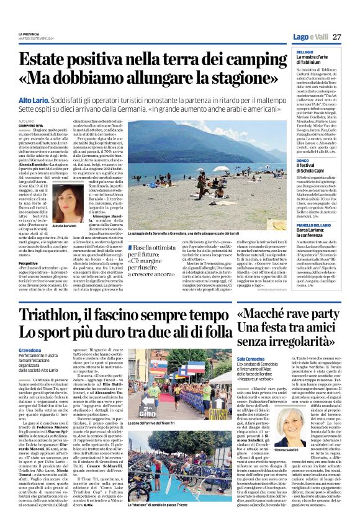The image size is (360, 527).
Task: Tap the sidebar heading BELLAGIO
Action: coord(288,52)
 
